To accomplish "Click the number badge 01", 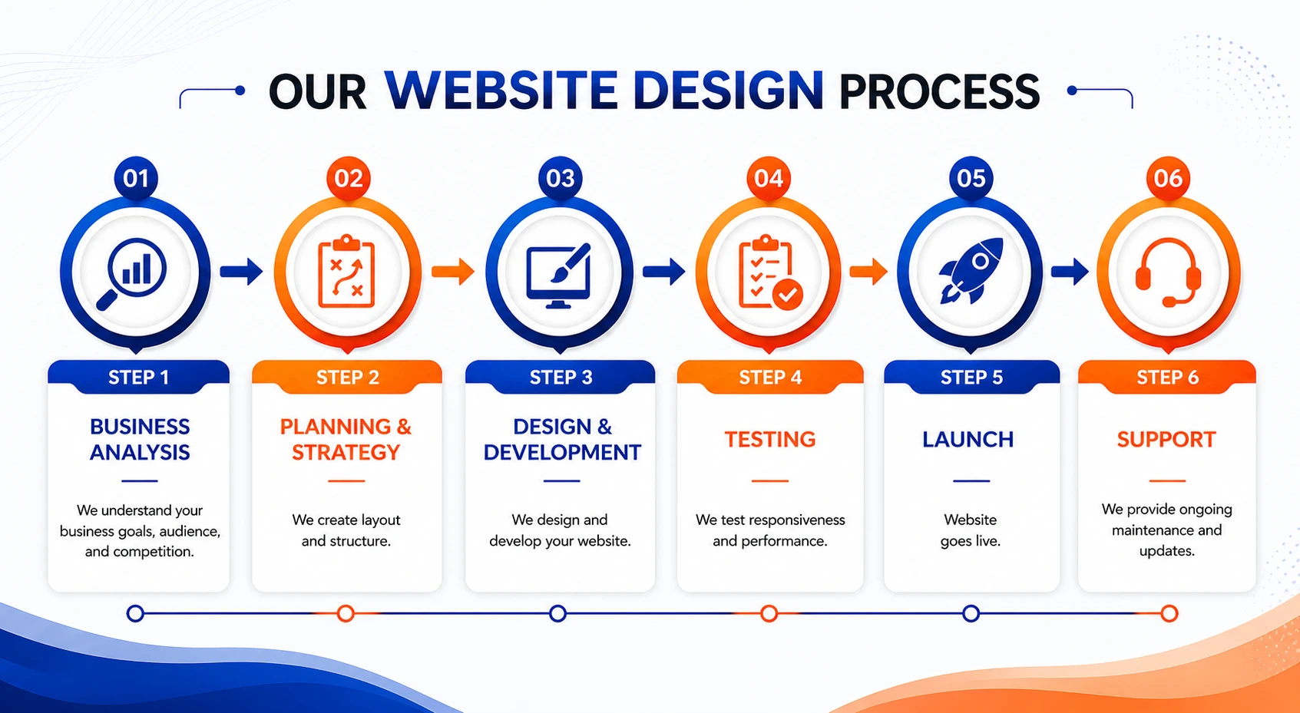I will (x=136, y=178).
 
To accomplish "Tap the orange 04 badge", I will (x=769, y=178).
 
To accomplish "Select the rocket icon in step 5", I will (x=971, y=270).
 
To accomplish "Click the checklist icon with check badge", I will (x=769, y=273).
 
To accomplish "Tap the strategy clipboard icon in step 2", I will (x=346, y=272).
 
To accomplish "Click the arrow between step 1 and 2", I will (x=241, y=271).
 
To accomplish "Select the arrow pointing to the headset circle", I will (x=1070, y=270).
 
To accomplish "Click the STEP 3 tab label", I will (x=561, y=378).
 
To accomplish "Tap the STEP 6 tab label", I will (x=1167, y=378).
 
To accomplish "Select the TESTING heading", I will (x=769, y=439).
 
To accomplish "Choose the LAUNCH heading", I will (x=968, y=439).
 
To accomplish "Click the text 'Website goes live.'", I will (x=971, y=530).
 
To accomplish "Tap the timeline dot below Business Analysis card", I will (x=135, y=613).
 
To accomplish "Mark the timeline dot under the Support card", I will (x=1169, y=613).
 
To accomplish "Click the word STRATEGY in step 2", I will (x=346, y=452).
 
